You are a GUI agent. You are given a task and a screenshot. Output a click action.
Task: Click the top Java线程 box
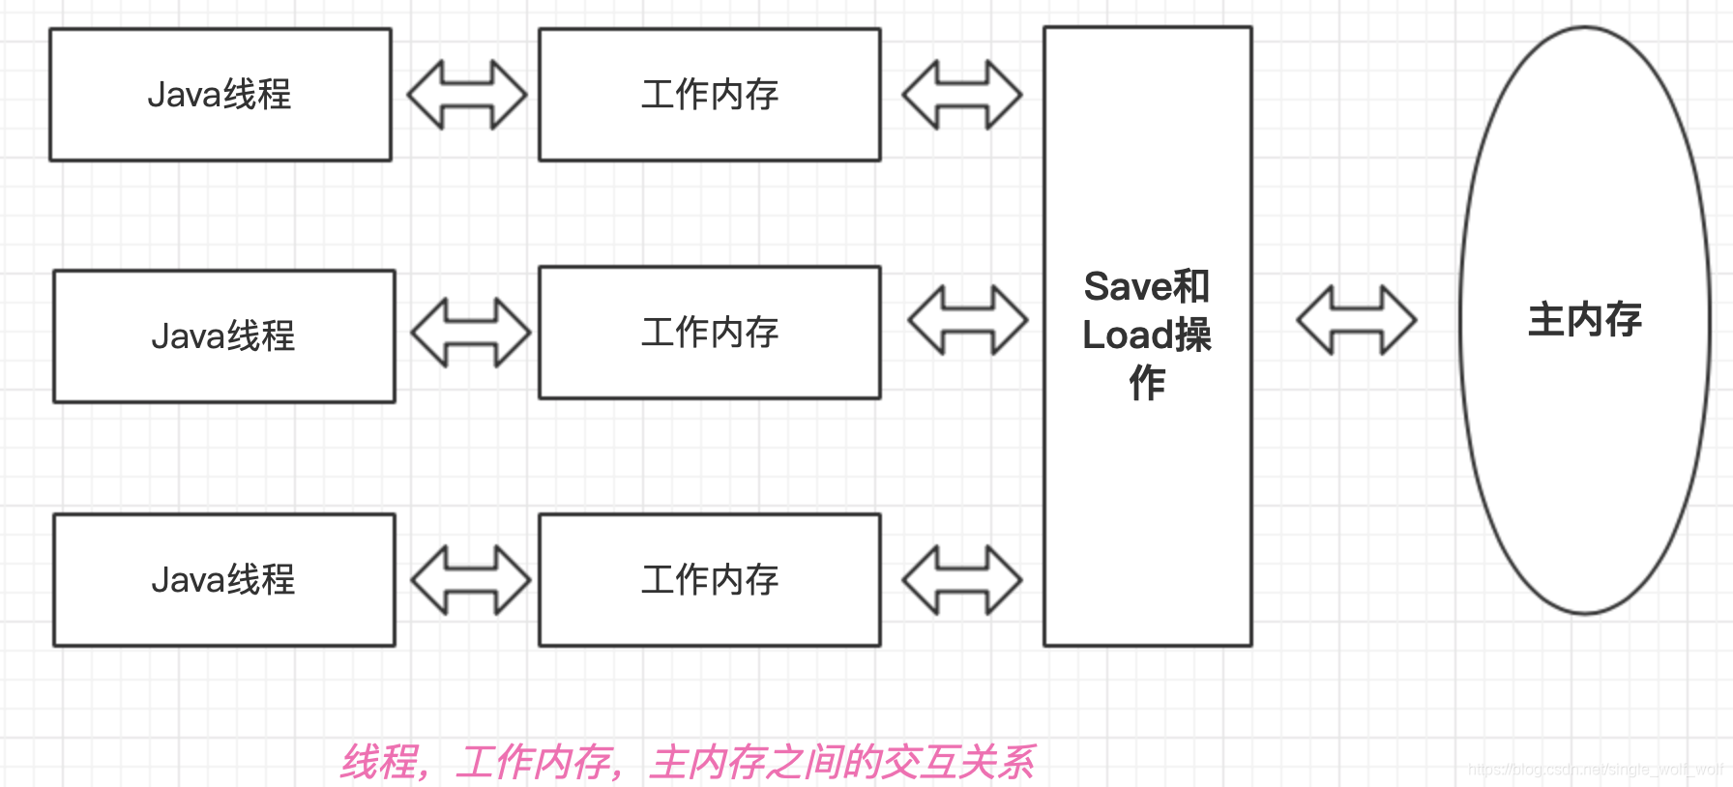[x=220, y=95]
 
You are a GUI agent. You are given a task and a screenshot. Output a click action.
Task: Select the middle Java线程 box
[x=224, y=336]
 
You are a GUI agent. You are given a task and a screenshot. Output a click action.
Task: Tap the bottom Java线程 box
[x=224, y=580]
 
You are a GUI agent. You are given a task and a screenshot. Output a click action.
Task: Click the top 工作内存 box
[x=710, y=95]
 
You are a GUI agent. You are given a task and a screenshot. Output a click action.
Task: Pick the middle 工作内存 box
[x=710, y=333]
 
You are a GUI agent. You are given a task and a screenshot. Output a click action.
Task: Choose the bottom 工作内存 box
[x=710, y=580]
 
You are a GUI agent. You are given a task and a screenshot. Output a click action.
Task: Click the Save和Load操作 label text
[x=1147, y=335]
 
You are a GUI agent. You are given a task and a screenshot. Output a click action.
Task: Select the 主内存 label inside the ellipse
[x=1585, y=320]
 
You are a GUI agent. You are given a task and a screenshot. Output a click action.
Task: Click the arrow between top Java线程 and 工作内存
[x=466, y=95]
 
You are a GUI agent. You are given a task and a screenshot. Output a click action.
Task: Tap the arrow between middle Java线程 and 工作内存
[x=470, y=333]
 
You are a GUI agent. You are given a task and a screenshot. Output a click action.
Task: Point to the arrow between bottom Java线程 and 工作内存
[x=470, y=580]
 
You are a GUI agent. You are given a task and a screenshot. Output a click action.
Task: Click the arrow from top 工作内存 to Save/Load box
[x=961, y=95]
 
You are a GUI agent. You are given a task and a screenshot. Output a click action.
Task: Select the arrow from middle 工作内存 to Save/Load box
[x=967, y=320]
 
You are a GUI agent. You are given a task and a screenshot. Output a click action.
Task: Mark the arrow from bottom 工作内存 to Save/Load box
[x=961, y=580]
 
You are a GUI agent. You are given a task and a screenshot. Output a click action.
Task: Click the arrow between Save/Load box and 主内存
[x=1356, y=320]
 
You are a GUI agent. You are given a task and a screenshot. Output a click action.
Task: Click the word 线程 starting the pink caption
[x=379, y=763]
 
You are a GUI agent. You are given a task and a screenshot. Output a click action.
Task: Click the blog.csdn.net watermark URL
[x=1595, y=770]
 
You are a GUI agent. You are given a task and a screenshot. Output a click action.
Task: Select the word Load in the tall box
[x=1127, y=335]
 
